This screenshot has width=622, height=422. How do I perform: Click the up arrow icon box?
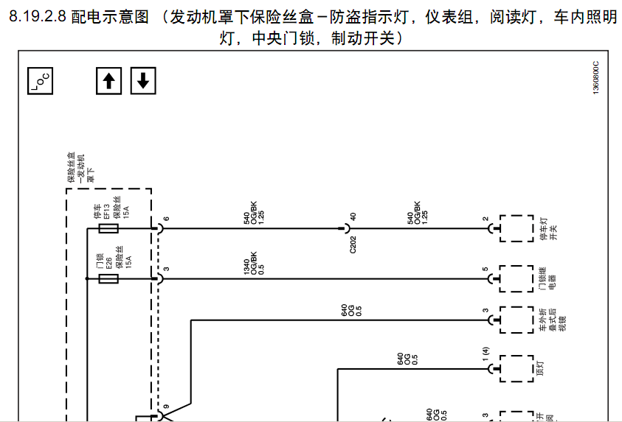pos(108,80)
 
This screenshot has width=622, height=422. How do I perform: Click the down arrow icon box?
pos(143,80)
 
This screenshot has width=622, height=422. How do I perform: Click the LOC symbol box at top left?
pos(41,80)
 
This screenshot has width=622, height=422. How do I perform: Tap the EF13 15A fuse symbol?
pos(108,229)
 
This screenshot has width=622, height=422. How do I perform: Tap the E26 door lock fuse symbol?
pos(108,279)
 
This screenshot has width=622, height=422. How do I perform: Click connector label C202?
pos(353,245)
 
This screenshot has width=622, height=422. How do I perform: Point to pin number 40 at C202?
pos(353,217)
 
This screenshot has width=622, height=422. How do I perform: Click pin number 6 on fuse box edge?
pos(166,219)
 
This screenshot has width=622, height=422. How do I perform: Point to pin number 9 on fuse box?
pos(166,407)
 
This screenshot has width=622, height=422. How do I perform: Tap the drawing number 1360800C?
pos(596,76)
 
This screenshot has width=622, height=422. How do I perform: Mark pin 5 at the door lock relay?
pos(485,269)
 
